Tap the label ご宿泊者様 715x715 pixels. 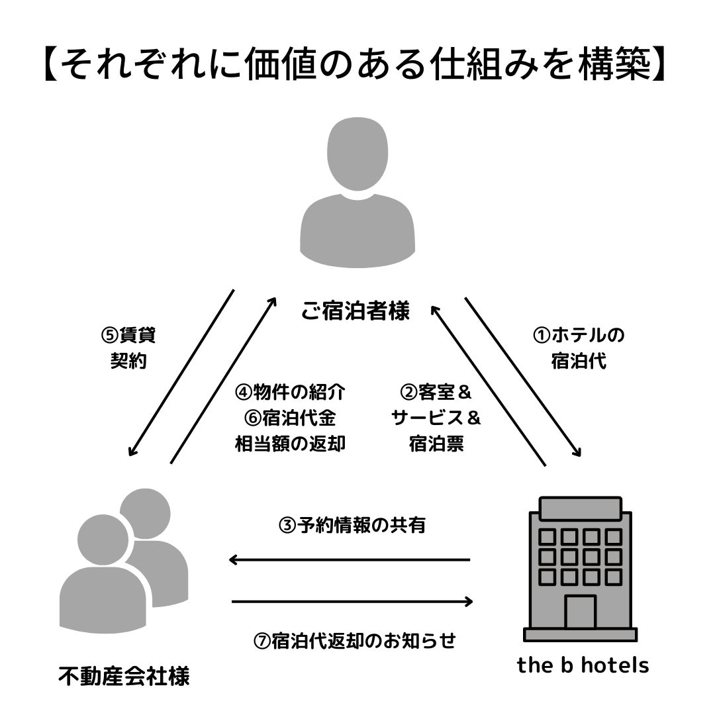pyautogui.click(x=356, y=310)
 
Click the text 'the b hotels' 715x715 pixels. pyautogui.click(x=583, y=665)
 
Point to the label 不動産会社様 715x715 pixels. pyautogui.click(x=124, y=677)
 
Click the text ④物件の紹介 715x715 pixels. pyautogui.click(x=290, y=392)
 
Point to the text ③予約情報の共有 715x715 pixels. pyautogui.click(x=352, y=526)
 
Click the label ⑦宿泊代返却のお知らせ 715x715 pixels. pyautogui.click(x=355, y=641)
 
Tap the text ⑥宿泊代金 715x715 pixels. pyautogui.click(x=290, y=418)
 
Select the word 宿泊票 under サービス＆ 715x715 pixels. pyautogui.click(x=436, y=444)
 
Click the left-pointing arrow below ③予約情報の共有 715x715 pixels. pyautogui.click(x=349, y=560)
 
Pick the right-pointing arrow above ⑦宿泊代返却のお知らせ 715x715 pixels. pyautogui.click(x=353, y=602)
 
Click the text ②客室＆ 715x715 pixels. pyautogui.click(x=436, y=392)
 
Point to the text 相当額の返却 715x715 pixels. pyautogui.click(x=290, y=444)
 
